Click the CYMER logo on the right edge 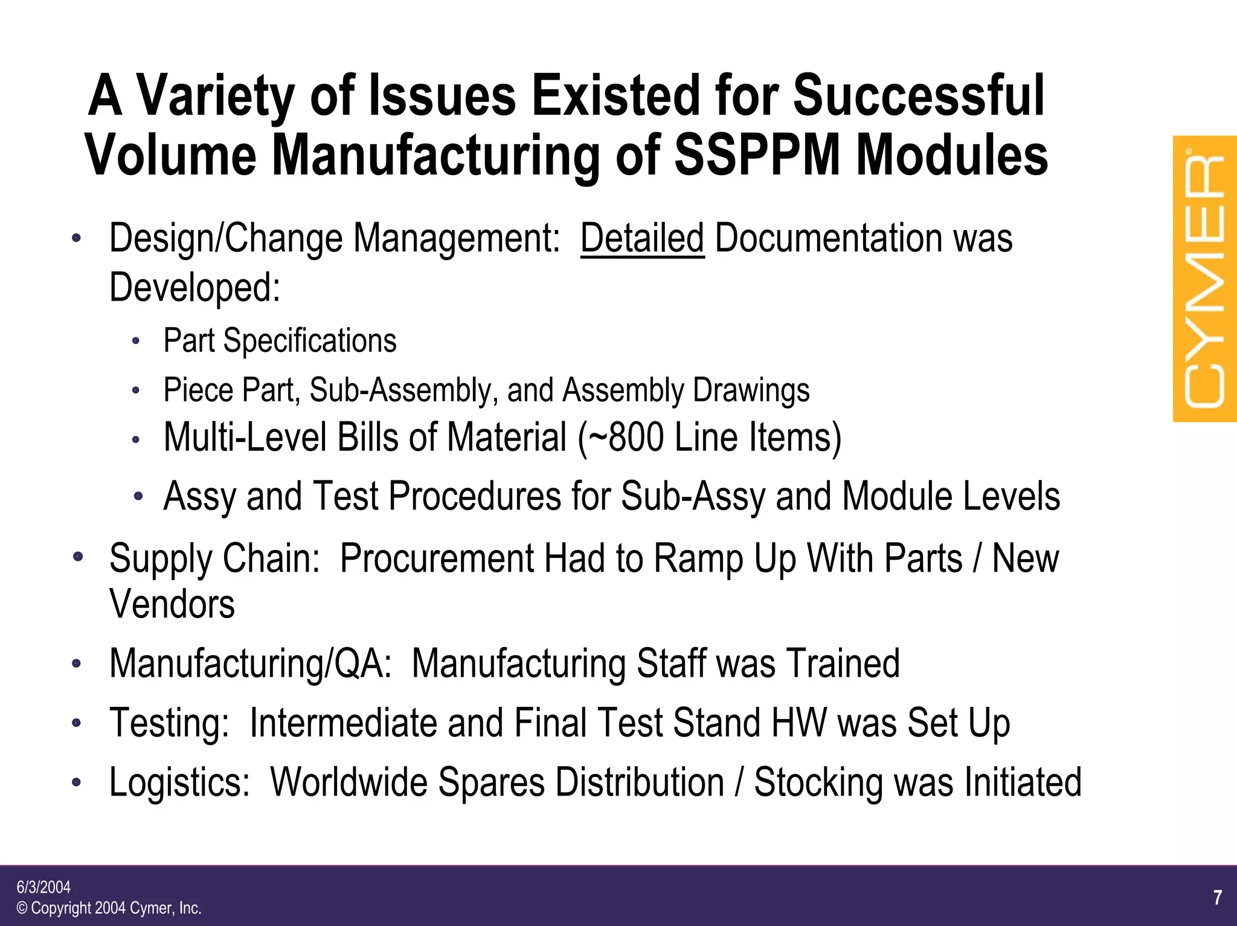[1204, 279]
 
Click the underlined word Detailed [642, 238]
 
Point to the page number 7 [1218, 898]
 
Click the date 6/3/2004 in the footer [43, 887]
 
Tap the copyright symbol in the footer [22, 908]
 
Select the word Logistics [179, 782]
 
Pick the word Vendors [172, 604]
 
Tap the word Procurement [437, 558]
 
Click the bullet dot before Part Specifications [136, 342]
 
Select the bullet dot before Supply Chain [77, 557]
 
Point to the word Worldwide [349, 782]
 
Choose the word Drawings [751, 390]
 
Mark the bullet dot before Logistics [76, 782]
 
